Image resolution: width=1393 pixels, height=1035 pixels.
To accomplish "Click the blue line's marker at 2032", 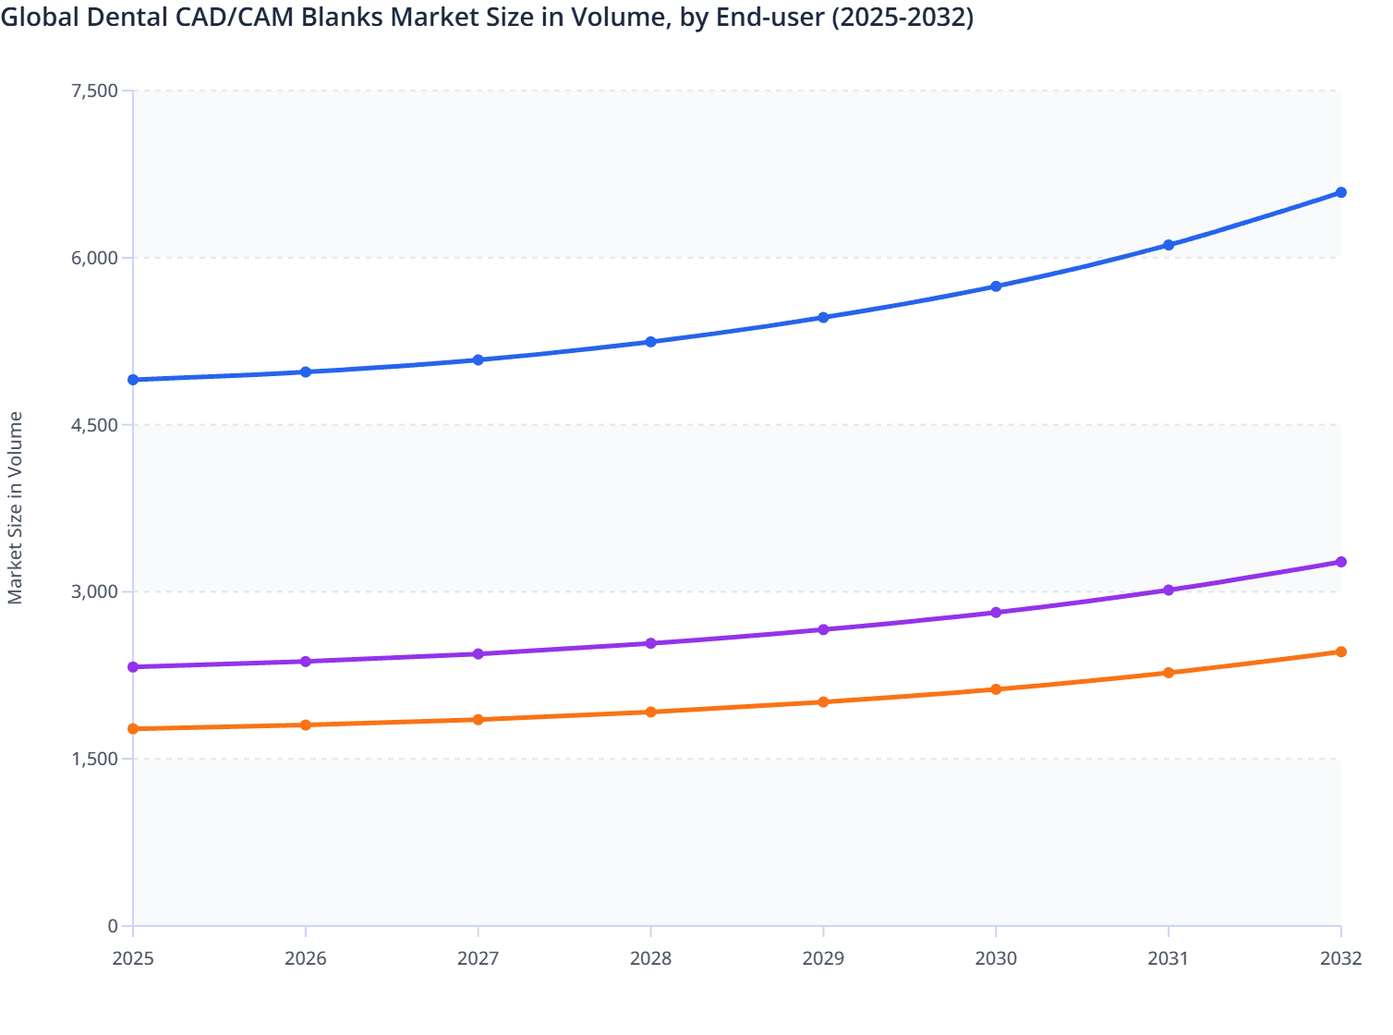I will tap(1341, 192).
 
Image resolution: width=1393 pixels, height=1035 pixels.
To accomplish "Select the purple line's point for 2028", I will tap(650, 643).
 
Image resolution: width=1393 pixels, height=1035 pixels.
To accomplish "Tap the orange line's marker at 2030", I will tap(996, 689).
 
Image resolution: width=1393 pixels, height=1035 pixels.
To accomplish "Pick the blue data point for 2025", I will tap(133, 380).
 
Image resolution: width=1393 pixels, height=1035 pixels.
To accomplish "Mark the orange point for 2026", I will tap(306, 724).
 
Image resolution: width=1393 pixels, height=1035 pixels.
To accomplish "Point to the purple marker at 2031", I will tap(1169, 590).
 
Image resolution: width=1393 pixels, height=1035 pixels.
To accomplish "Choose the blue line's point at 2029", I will tap(823, 317).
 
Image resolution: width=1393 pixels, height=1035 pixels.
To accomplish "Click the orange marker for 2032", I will tap(1341, 651).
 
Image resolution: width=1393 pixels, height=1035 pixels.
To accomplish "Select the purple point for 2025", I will tap(133, 667).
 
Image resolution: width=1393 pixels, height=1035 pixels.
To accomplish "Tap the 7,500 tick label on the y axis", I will tap(94, 91).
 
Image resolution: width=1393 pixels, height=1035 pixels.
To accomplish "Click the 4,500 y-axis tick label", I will tap(94, 425).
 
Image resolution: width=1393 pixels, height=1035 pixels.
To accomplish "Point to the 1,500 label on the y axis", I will tap(94, 759).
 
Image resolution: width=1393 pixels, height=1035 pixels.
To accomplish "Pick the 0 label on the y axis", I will tap(113, 926).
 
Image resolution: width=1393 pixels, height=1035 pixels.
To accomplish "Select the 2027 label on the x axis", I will tap(478, 958).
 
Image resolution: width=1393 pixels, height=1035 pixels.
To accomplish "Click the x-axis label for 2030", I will tap(996, 958).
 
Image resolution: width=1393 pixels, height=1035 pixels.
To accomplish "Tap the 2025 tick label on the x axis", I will tap(133, 958).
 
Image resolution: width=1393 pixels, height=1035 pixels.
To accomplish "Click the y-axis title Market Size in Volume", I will tap(15, 508).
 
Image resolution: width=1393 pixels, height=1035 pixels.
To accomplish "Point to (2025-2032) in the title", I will tap(902, 18).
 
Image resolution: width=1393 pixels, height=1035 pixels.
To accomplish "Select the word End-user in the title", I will tap(770, 18).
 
